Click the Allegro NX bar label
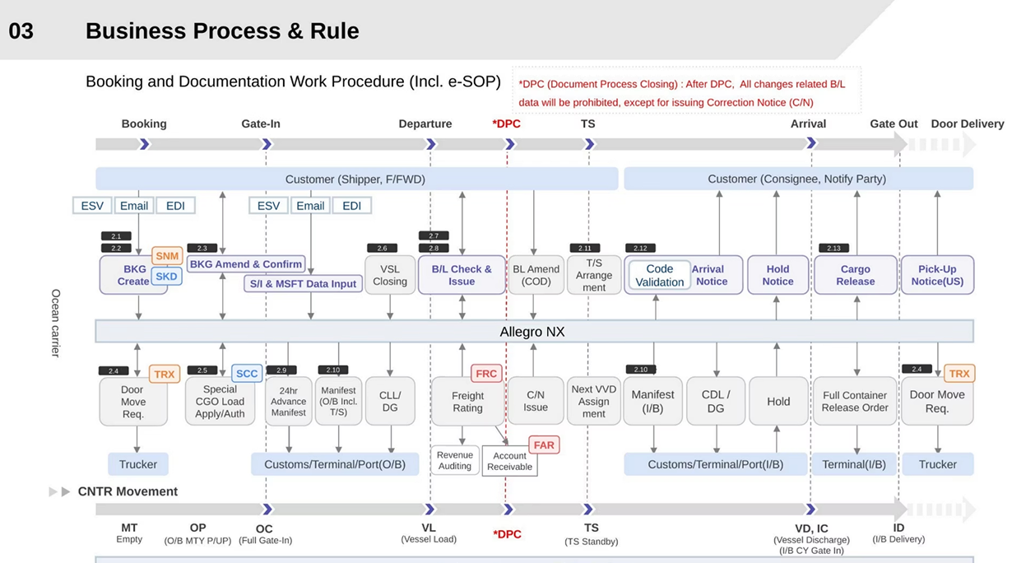[x=532, y=332]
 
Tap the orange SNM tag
[x=167, y=256]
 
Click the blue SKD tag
[x=166, y=277]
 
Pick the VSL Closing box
[x=390, y=275]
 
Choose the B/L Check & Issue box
[x=462, y=275]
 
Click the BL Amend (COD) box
[x=536, y=275]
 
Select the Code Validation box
[x=659, y=275]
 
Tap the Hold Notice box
[x=778, y=275]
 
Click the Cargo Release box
[x=856, y=275]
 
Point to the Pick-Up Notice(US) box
[x=937, y=275]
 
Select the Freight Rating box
[x=467, y=402]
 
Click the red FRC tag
[x=486, y=374]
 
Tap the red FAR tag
[x=544, y=445]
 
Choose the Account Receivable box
[x=510, y=461]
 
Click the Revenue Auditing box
[x=455, y=460]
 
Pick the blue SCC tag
[x=247, y=374]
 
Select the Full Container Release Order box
[x=855, y=402]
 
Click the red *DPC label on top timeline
[x=506, y=124]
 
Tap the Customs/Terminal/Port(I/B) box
[x=715, y=464]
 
